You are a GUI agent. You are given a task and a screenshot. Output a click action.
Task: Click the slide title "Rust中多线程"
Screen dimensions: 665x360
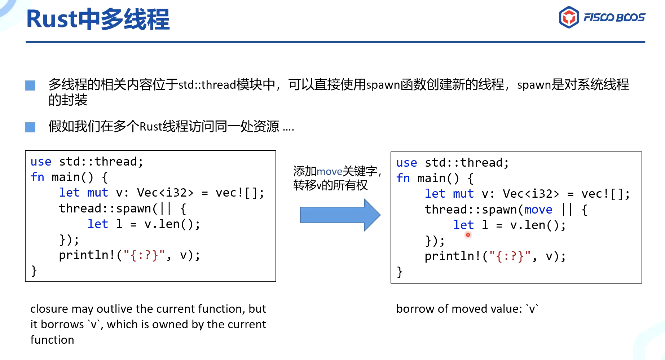98,19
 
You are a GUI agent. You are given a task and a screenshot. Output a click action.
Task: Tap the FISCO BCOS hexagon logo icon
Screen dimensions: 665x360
569,17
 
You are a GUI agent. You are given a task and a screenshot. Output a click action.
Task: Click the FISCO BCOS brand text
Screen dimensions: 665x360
614,17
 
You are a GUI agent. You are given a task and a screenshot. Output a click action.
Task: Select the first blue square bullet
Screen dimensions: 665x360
30,85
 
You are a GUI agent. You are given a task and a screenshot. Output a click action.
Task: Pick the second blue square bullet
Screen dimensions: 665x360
30,127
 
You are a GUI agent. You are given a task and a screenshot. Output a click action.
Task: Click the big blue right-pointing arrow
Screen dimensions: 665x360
340,215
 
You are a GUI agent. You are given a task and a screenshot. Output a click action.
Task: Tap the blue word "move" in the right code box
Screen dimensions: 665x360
538,210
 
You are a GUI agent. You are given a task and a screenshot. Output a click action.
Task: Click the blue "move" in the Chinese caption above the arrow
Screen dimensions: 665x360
329,171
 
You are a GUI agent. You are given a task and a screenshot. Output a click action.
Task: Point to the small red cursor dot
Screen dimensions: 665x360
468,235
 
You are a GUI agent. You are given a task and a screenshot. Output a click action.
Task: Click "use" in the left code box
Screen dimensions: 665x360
41,162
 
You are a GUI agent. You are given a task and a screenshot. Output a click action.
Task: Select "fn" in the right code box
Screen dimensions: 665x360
403,178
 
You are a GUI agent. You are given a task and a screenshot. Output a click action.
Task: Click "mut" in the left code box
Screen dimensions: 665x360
97,193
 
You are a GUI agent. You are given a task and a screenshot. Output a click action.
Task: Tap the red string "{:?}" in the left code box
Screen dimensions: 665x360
144,255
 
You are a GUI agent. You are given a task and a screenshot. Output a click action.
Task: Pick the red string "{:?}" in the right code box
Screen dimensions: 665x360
510,256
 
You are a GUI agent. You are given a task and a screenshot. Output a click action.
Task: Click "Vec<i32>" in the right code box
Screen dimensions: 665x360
531,194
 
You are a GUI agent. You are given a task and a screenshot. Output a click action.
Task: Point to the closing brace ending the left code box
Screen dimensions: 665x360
34,271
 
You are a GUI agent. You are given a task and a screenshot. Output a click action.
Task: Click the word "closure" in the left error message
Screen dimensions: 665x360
49,309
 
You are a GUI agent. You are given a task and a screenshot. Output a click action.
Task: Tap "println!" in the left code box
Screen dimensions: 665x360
87,255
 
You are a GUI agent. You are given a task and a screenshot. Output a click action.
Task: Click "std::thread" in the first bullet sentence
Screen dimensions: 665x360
207,85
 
